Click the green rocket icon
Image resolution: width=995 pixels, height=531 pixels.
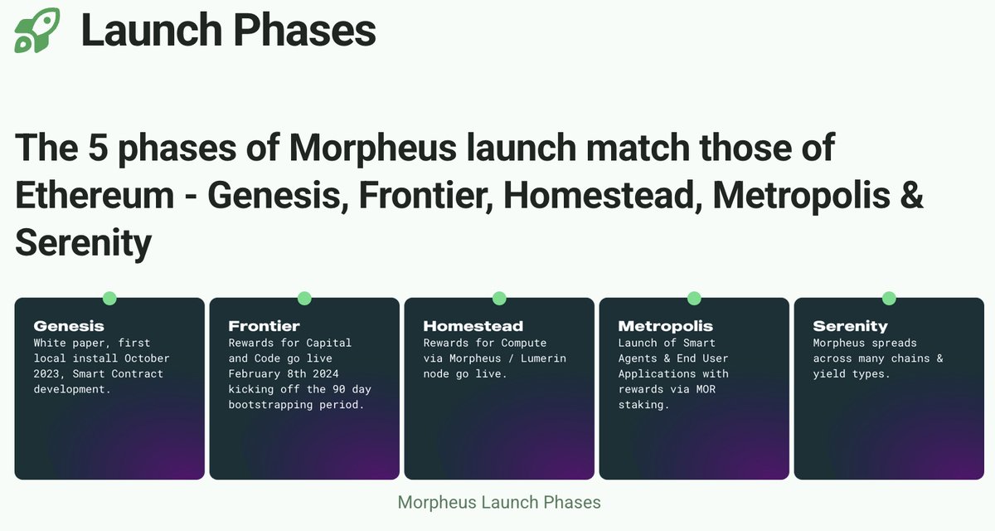(x=37, y=31)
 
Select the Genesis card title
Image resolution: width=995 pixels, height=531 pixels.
(x=69, y=326)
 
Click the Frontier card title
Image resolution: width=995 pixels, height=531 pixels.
(x=264, y=326)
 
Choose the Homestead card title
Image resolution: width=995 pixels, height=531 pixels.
(x=473, y=326)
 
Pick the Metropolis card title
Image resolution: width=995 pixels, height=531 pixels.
(x=665, y=326)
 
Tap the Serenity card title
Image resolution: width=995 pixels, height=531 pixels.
(x=850, y=326)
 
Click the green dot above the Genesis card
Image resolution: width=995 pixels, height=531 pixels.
(x=109, y=298)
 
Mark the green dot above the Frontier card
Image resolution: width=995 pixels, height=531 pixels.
(x=304, y=298)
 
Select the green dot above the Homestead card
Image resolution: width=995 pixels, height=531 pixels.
(x=499, y=298)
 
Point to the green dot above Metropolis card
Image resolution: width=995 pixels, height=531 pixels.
(x=694, y=298)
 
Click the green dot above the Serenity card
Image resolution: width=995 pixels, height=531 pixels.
(x=889, y=298)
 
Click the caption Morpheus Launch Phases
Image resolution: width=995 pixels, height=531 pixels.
(x=499, y=502)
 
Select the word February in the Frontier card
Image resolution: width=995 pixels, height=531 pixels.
(x=254, y=374)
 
